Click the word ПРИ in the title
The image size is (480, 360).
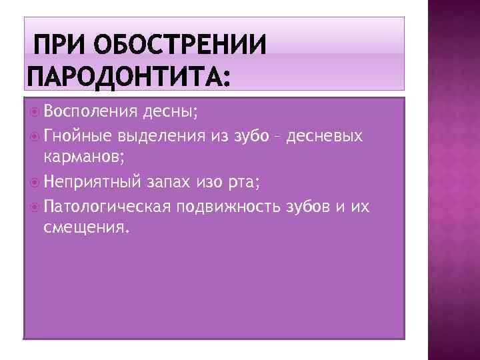(x=59, y=47)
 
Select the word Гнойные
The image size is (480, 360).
(x=78, y=137)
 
